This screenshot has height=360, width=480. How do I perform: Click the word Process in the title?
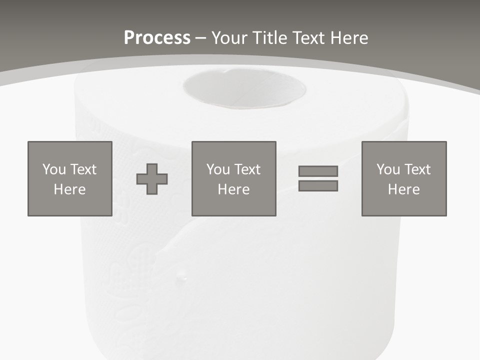click(x=157, y=38)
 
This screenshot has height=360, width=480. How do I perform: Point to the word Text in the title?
click(x=309, y=38)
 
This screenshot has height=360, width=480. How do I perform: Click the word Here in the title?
click(x=350, y=38)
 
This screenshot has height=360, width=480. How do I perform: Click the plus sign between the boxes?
click(x=152, y=179)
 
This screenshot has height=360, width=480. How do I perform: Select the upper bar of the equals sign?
click(x=318, y=171)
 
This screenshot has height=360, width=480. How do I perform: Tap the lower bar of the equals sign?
click(x=318, y=185)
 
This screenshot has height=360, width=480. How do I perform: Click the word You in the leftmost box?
click(x=54, y=169)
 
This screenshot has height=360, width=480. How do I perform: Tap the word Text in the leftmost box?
click(x=83, y=169)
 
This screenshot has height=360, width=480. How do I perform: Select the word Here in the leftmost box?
click(x=70, y=189)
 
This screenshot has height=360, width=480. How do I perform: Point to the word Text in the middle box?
click(x=247, y=169)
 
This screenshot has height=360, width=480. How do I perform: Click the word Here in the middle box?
click(x=234, y=189)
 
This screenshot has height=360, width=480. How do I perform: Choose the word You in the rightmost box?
click(x=388, y=169)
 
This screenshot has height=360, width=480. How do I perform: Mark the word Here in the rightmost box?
click(x=404, y=189)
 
